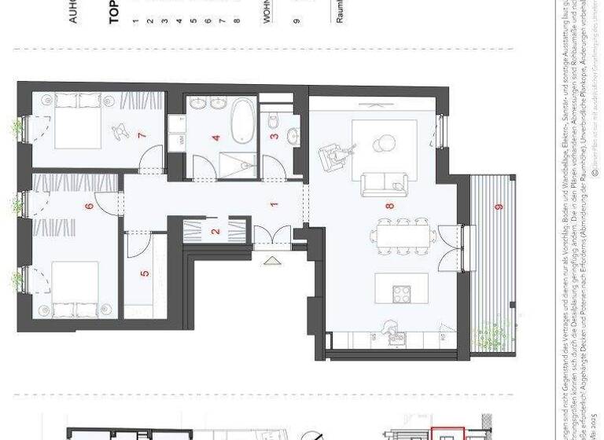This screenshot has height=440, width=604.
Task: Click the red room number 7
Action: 142,135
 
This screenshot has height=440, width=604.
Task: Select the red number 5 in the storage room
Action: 145,274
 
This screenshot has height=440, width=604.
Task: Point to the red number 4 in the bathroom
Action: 215,138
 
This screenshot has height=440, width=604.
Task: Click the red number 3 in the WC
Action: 274,136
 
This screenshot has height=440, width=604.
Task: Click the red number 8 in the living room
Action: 389,206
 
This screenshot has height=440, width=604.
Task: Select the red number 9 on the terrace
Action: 498,207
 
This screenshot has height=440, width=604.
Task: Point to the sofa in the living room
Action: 386,185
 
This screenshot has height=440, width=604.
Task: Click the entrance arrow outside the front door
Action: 271,260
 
